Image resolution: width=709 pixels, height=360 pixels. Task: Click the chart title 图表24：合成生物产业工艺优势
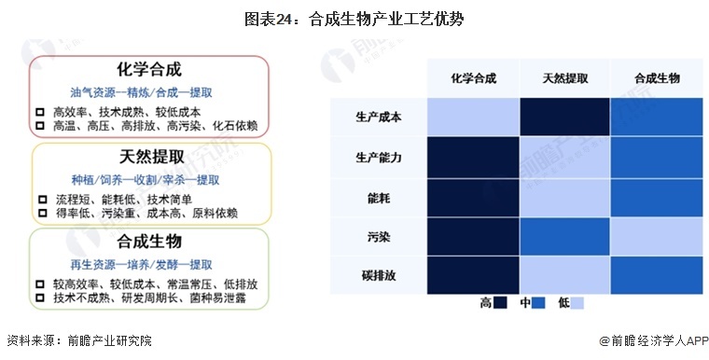355,18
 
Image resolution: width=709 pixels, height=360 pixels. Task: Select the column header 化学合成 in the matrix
473,78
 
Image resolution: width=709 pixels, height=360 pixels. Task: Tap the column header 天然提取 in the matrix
564,78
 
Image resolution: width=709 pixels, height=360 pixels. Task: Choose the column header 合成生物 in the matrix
656,78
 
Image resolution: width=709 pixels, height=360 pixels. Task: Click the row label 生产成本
379,118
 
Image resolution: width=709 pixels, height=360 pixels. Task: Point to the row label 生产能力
379,158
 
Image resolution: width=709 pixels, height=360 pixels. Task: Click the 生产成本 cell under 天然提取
564,118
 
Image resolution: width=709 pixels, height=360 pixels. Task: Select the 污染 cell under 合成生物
656,237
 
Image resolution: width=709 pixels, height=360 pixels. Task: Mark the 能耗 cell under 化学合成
473,198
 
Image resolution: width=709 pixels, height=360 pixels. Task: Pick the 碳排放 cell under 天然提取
564,276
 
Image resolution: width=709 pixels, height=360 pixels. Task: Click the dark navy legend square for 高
501,303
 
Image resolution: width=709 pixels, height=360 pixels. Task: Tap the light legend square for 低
578,303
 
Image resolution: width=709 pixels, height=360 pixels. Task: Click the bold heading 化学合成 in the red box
149,70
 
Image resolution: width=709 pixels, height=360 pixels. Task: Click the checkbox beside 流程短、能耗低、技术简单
40,199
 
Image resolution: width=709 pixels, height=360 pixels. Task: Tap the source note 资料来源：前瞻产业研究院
78,341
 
